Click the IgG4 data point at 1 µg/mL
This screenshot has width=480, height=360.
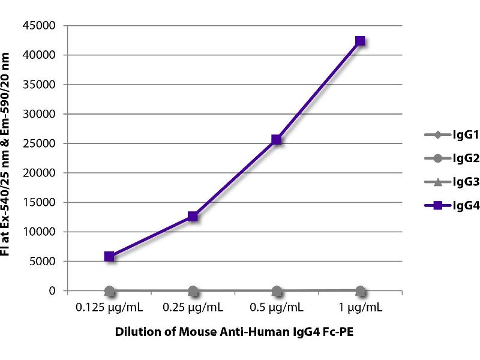click(360, 41)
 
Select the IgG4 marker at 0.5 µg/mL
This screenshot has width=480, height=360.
click(277, 140)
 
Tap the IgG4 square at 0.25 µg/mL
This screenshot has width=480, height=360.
click(193, 217)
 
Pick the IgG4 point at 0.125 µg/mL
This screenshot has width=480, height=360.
click(109, 257)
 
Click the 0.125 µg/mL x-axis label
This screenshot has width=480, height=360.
click(109, 308)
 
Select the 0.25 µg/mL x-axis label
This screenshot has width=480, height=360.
click(193, 308)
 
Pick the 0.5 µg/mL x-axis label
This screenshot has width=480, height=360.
click(277, 308)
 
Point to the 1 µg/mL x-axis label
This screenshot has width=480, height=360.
click(360, 308)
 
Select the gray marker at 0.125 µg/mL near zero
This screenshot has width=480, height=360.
click(109, 291)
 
